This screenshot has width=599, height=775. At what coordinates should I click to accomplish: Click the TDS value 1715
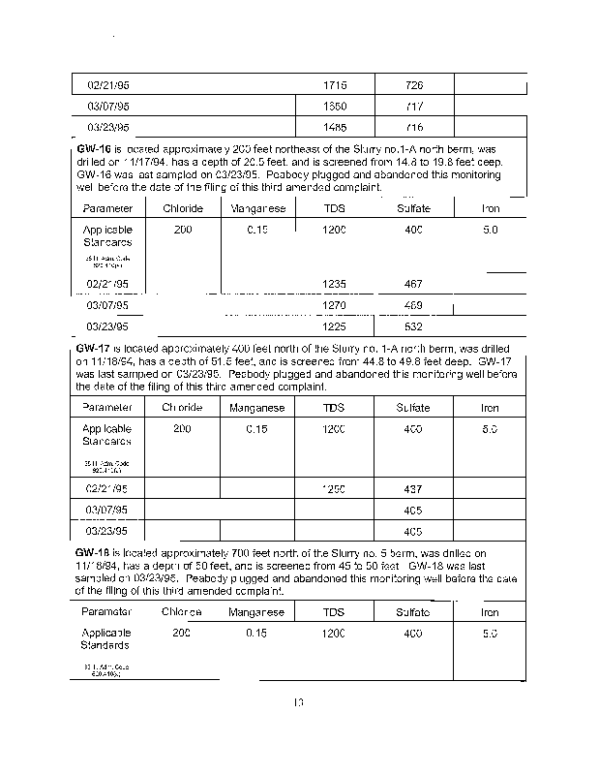point(334,86)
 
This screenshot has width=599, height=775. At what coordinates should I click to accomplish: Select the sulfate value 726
point(414,86)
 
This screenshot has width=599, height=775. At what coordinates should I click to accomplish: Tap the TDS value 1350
point(334,106)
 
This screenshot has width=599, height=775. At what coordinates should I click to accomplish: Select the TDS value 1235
point(334,284)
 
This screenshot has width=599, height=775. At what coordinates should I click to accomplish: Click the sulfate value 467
point(414,284)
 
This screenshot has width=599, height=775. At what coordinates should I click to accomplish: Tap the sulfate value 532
point(414,326)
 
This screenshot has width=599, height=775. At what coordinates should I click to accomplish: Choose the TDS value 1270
point(334,305)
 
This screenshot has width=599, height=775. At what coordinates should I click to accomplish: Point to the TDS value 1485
point(334,127)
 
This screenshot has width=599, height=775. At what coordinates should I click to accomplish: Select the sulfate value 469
point(414,305)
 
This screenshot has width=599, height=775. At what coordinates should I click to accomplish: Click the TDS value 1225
point(334,326)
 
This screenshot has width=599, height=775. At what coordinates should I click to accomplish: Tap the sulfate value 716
point(414,127)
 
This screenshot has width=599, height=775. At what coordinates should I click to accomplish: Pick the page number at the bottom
point(299,703)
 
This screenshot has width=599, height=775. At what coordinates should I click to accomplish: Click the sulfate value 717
point(414,106)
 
